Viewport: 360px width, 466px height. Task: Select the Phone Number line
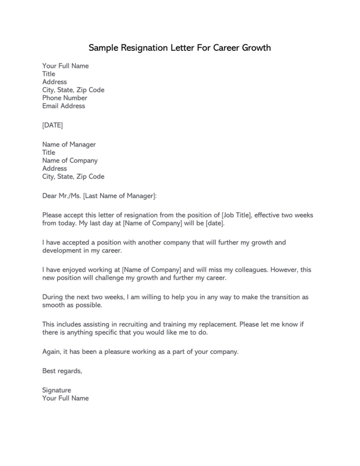(x=65, y=98)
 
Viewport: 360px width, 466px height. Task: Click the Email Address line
(x=63, y=106)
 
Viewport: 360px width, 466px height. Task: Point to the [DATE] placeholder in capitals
(x=53, y=125)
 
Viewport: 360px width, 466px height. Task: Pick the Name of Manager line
(x=69, y=144)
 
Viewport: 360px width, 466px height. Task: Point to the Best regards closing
(x=62, y=371)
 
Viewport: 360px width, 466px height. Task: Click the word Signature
(x=57, y=390)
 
